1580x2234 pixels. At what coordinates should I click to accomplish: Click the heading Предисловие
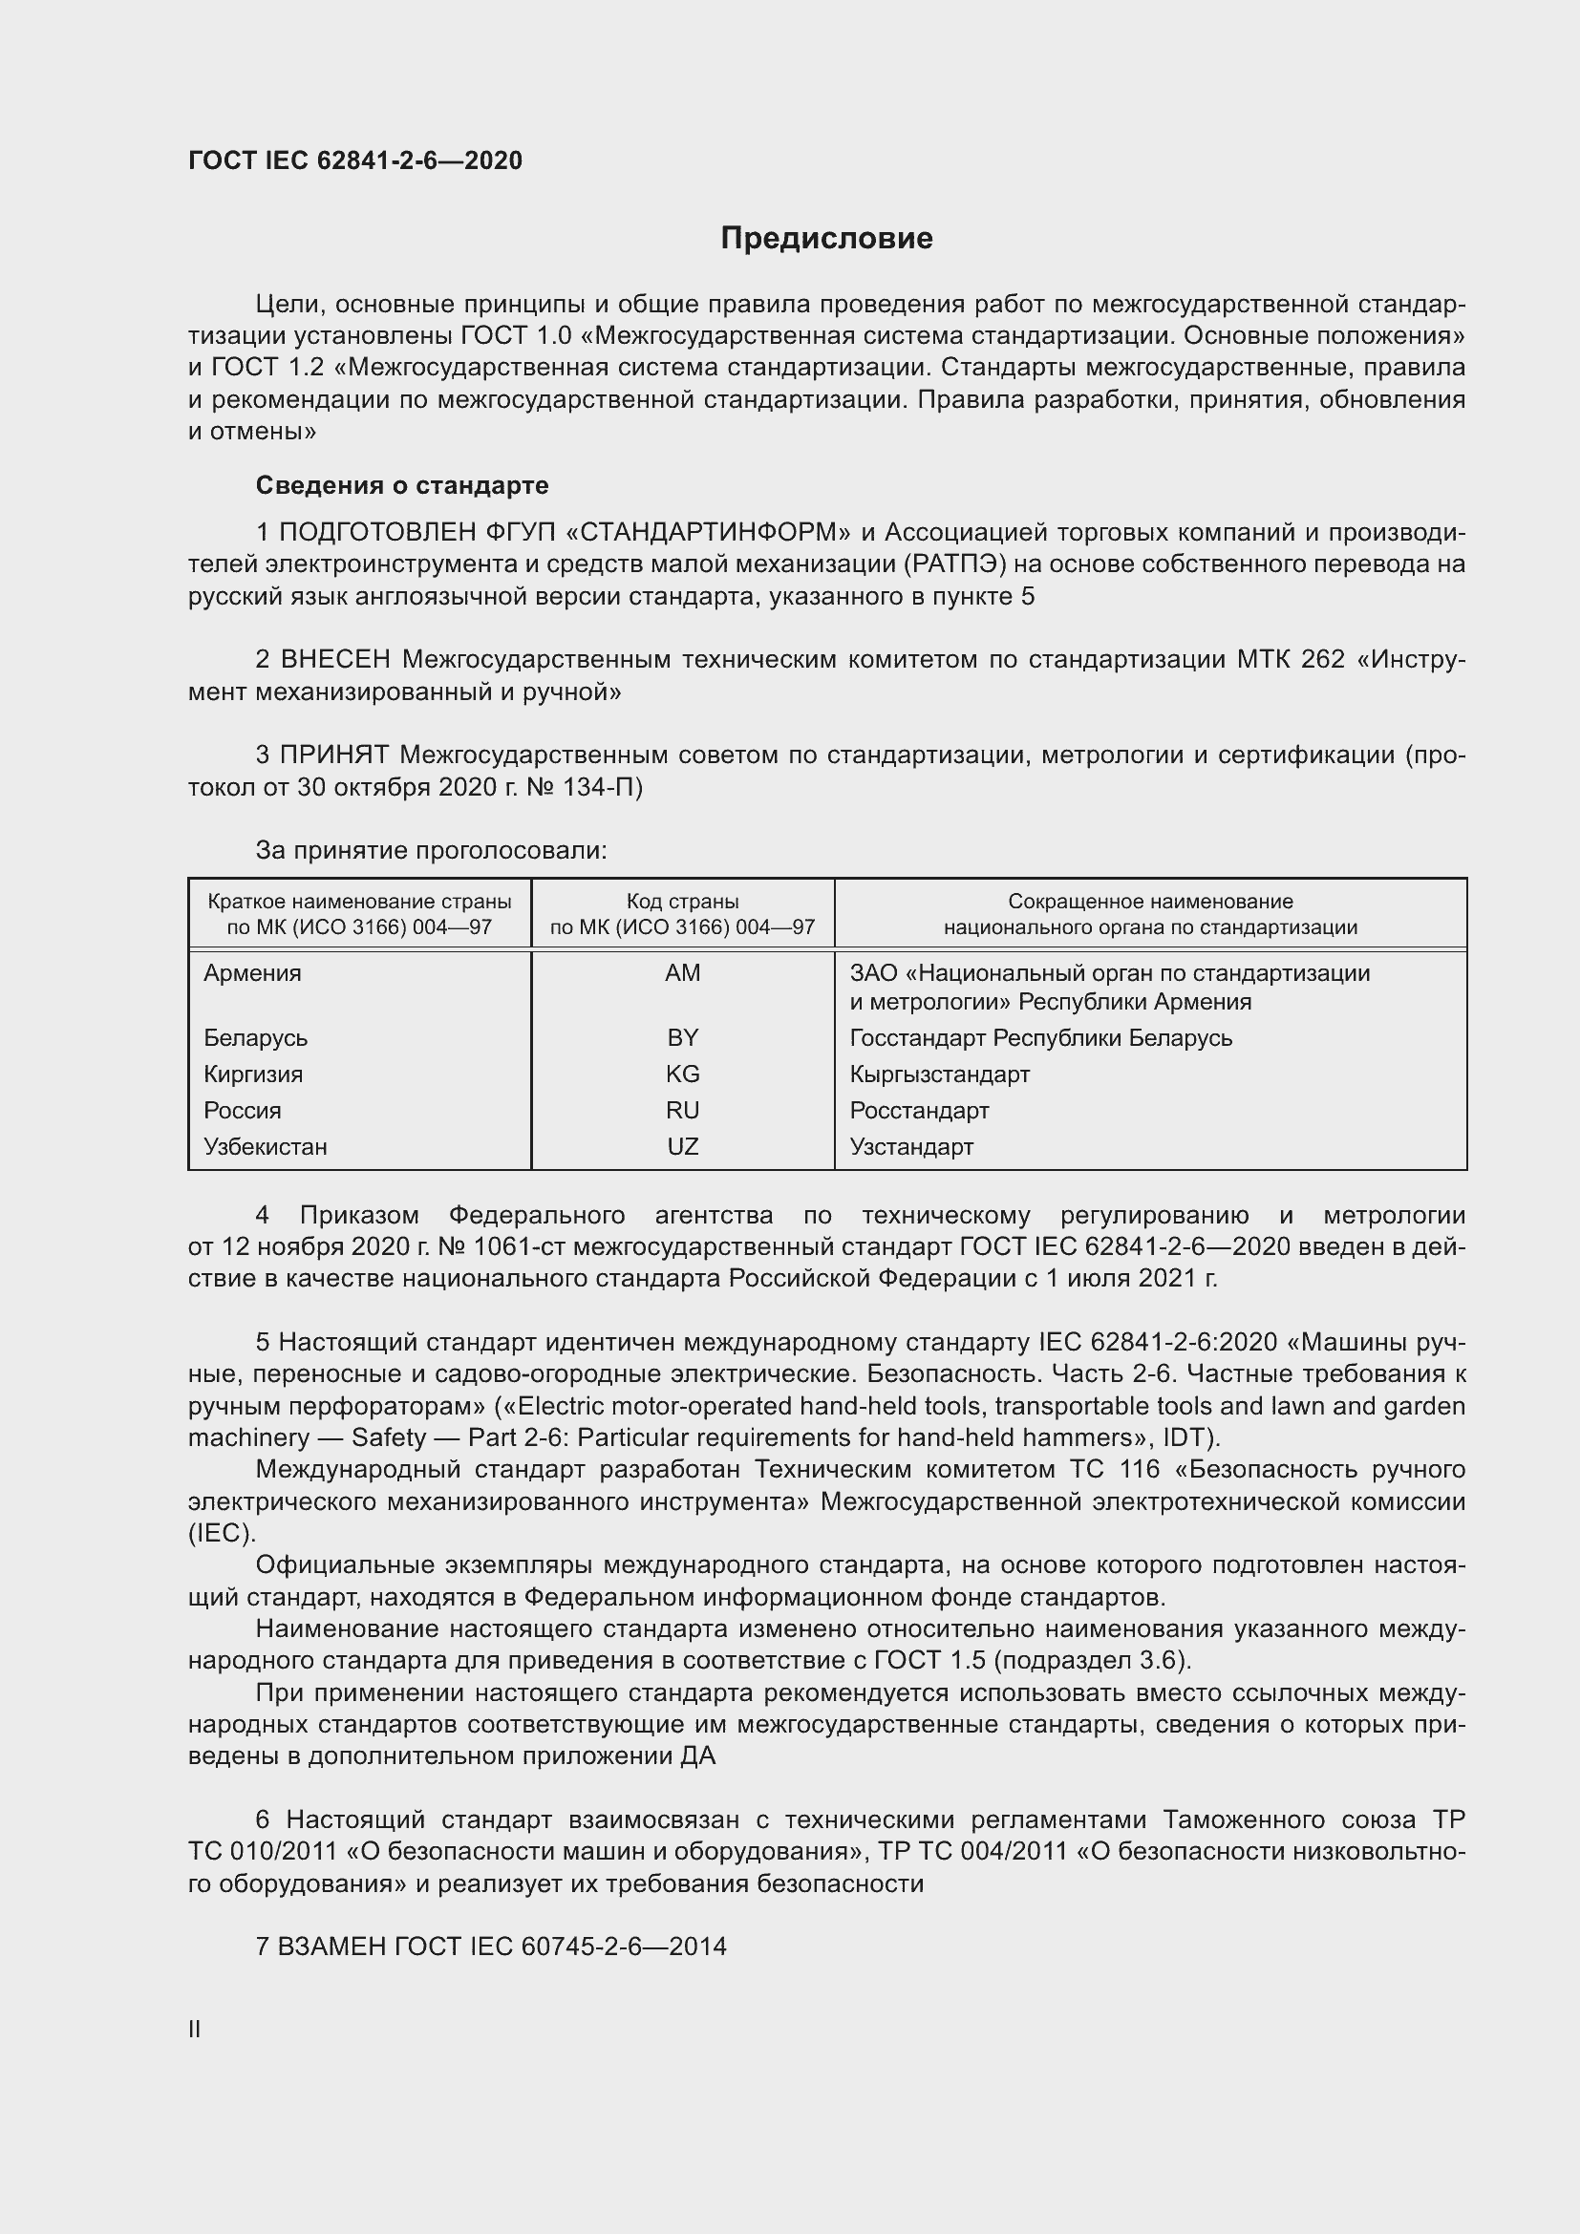pos(826,239)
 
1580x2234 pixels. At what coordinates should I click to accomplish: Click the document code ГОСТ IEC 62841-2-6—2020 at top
pos(355,160)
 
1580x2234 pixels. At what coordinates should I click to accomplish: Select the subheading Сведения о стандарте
pos(402,484)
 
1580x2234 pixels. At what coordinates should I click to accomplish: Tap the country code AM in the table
pos(682,973)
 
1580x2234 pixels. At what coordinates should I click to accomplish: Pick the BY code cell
pos(682,1037)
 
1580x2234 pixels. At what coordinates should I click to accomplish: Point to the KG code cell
pos(682,1074)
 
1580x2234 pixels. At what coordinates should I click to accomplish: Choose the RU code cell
pos(682,1110)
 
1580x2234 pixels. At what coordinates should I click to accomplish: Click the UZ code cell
pos(682,1146)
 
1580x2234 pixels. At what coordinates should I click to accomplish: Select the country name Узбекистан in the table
pos(265,1146)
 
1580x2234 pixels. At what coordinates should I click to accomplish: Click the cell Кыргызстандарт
pos(939,1074)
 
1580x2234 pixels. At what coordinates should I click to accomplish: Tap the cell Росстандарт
pos(918,1110)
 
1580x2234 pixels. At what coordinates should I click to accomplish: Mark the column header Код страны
pos(682,901)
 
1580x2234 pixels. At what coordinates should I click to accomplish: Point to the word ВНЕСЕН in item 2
pos(334,660)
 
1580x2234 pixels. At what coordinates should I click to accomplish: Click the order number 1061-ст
pos(511,1247)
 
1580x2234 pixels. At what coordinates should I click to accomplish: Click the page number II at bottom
pos(195,2029)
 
